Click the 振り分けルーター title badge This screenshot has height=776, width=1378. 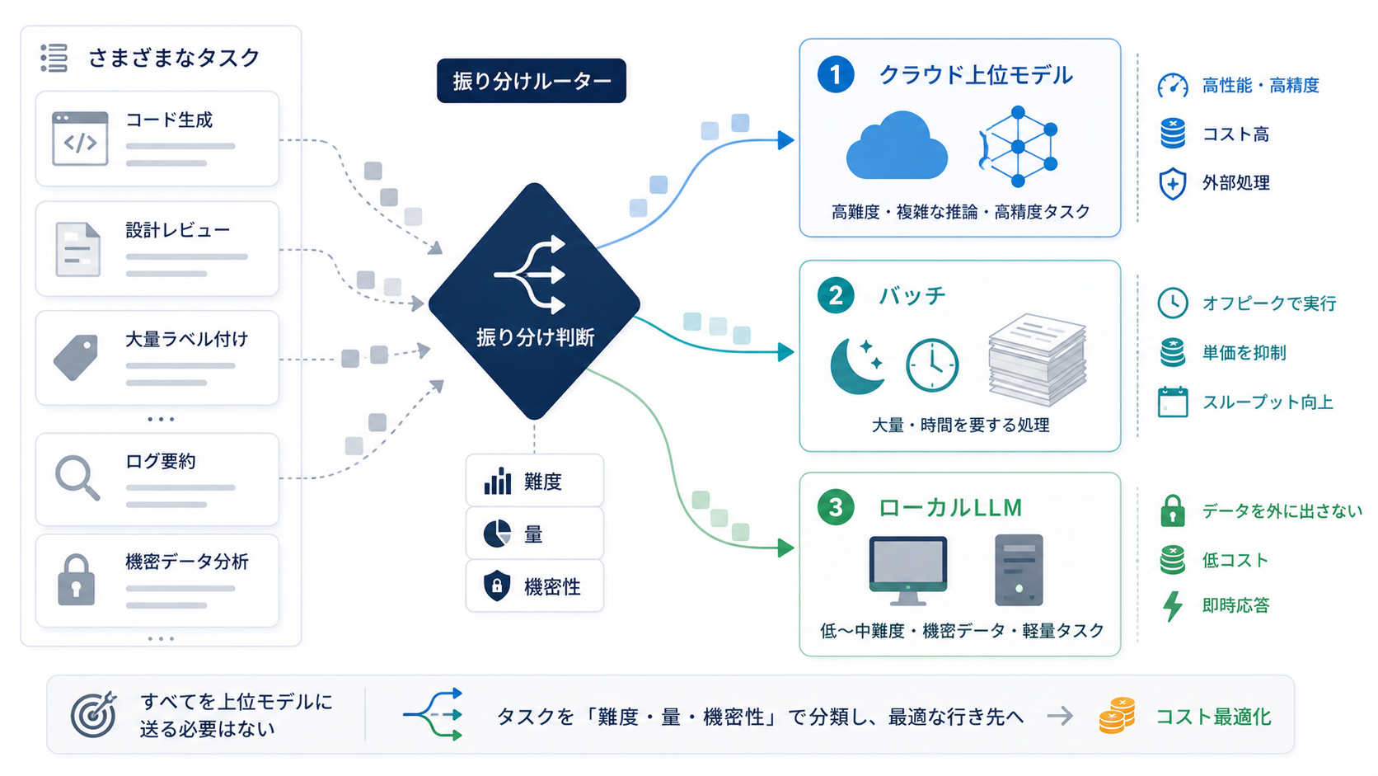point(532,81)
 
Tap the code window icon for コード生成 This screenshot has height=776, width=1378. point(80,139)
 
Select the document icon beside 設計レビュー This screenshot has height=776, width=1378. point(77,249)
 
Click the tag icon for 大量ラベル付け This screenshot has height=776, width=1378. point(76,358)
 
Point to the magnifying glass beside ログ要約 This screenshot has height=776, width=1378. point(77,477)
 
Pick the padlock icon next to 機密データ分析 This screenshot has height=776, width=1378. point(77,580)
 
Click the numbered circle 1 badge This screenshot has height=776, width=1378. point(836,74)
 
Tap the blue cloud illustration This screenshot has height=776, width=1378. point(897,146)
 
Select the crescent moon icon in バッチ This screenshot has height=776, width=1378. point(856,365)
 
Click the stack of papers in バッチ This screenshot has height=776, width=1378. point(1037,360)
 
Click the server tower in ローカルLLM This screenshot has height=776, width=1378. point(1019,570)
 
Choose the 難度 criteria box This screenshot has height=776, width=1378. point(535,481)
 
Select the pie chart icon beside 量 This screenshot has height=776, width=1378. point(497,534)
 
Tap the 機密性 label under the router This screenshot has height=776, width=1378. point(552,586)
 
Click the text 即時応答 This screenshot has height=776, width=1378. point(1236,605)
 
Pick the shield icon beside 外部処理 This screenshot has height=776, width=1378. point(1173,183)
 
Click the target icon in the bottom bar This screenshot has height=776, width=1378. point(93,714)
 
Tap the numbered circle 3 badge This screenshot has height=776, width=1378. point(836,508)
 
